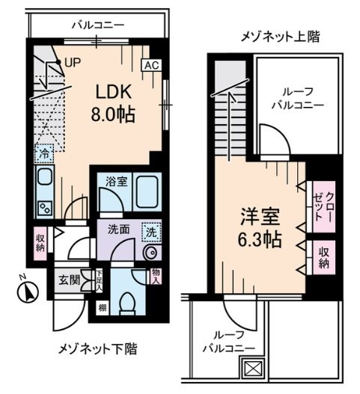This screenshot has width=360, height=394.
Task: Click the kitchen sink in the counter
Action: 43,179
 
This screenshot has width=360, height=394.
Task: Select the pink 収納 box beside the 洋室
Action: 323,256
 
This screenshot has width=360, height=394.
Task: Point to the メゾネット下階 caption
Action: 97,349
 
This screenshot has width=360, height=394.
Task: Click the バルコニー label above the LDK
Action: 98,25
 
